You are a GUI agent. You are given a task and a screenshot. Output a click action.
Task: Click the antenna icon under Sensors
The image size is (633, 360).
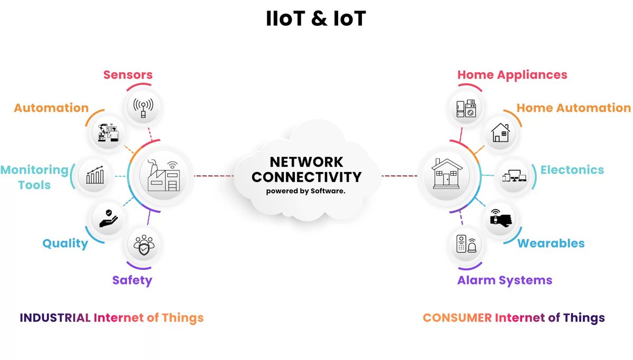click(x=143, y=108)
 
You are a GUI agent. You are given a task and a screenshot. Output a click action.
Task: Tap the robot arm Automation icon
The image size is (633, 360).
click(x=108, y=132)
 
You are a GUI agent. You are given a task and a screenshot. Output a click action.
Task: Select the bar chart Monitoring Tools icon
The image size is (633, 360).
click(x=95, y=175)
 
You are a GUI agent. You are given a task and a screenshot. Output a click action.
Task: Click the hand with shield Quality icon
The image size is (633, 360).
click(x=109, y=219)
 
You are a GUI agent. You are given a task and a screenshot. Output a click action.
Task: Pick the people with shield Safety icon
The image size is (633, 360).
click(x=144, y=245)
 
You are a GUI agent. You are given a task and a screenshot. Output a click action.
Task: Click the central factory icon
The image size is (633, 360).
click(x=164, y=175)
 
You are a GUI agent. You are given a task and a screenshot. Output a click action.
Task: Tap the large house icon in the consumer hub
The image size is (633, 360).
click(x=446, y=174)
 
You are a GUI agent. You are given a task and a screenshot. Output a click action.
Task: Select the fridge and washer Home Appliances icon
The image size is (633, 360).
click(x=466, y=108)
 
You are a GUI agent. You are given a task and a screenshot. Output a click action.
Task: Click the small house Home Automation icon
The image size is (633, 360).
click(x=501, y=132)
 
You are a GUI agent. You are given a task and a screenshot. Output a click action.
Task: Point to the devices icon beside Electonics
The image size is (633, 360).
click(x=514, y=176)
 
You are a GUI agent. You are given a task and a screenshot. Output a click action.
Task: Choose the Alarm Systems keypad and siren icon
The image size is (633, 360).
click(x=466, y=244)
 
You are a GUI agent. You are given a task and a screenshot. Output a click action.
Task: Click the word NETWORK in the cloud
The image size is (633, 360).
click(x=306, y=162)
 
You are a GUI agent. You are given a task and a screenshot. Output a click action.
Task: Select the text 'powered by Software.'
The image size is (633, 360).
click(x=306, y=191)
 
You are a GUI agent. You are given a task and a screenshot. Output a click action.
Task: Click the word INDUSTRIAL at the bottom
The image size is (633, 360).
click(x=55, y=318)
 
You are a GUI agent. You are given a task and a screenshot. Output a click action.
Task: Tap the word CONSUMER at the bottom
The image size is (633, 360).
click(x=457, y=318)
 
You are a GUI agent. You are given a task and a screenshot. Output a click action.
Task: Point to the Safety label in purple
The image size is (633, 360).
click(x=132, y=280)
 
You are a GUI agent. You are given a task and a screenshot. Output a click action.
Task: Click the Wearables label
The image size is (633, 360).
click(x=551, y=243)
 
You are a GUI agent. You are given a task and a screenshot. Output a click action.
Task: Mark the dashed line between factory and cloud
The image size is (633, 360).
click(x=214, y=176)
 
